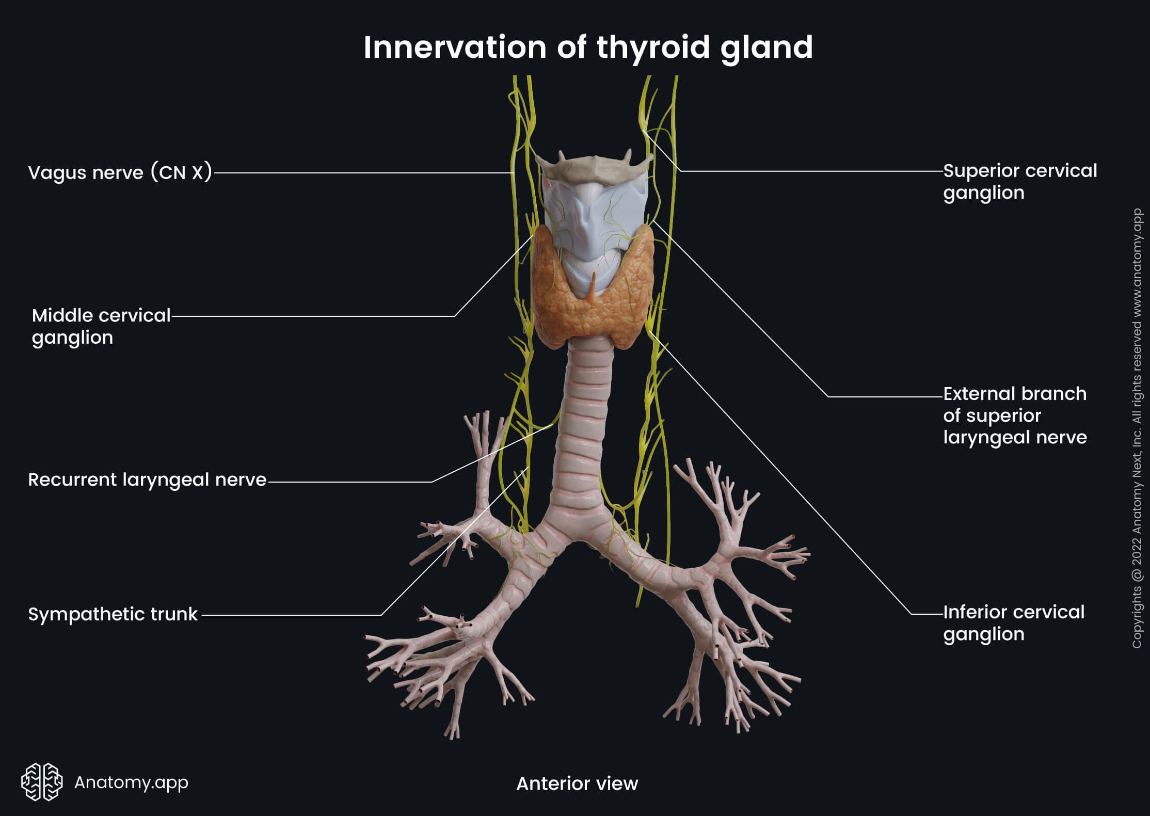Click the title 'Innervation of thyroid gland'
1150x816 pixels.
point(588,47)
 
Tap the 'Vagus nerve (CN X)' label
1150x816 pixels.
point(120,172)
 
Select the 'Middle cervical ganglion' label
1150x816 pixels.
point(101,326)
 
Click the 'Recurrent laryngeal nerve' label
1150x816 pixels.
point(147,480)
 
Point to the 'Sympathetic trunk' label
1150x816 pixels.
point(113,614)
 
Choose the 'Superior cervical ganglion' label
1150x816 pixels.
point(1019,182)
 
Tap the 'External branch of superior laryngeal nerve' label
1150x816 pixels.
point(1015,415)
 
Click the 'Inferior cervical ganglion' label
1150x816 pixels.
point(1014,623)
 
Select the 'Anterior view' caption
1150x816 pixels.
point(577,783)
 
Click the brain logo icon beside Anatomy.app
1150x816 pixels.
point(42,781)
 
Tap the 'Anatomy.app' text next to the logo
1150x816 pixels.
point(131,782)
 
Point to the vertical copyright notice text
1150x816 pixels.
point(1137,428)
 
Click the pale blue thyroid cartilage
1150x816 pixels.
point(594,217)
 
